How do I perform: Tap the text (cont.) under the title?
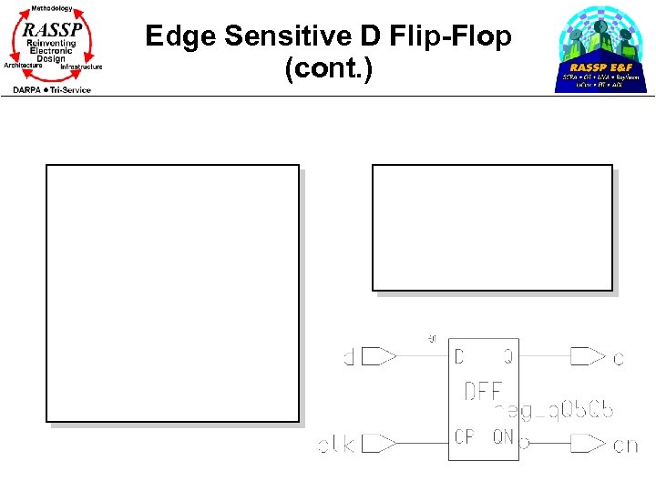coord(328,69)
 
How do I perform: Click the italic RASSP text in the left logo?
coord(53,29)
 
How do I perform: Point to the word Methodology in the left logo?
coord(53,8)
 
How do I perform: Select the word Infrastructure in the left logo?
coord(82,67)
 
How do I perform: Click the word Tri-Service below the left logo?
coord(71,89)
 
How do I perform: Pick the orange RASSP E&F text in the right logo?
coord(601,67)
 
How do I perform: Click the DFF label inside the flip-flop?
coord(483,392)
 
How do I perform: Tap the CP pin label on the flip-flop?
coord(465,437)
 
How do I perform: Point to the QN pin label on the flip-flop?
coord(502,437)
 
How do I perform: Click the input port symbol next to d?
coord(379,356)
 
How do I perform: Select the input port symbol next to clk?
coord(379,444)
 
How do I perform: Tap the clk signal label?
coord(336,445)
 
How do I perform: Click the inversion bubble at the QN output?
coord(523,444)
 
